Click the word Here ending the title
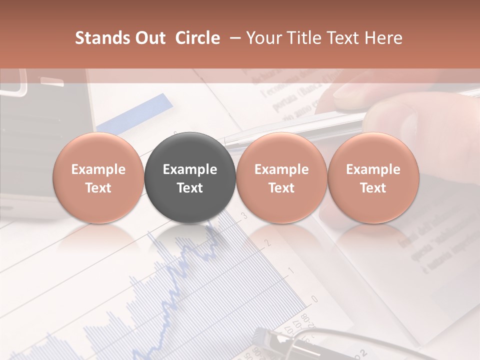click(383, 38)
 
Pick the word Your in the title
click(264, 38)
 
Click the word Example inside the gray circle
click(190, 169)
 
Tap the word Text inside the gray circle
click(190, 188)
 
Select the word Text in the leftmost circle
click(98, 188)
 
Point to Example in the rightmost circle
click(373, 169)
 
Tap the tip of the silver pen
click(226, 141)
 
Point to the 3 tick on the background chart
click(244, 216)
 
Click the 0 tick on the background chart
click(314, 299)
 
